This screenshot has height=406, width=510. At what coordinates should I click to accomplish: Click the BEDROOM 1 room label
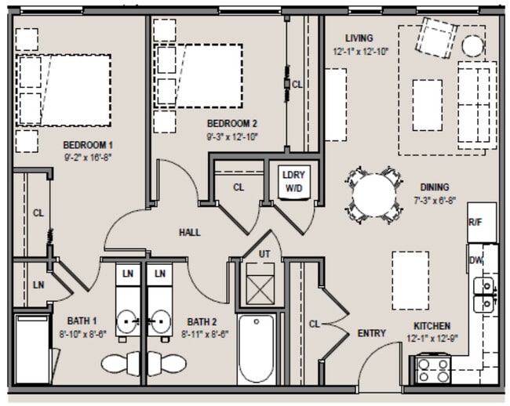point(88,145)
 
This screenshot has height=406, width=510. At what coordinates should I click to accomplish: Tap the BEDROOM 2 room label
point(232,123)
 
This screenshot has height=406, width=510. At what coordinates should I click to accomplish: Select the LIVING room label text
point(358,38)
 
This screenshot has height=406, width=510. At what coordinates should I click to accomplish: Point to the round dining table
point(374,195)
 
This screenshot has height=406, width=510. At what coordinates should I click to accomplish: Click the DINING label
point(434,187)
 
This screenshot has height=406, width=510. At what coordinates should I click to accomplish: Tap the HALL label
point(189,232)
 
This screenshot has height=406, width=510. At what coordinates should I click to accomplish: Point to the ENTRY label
point(371,333)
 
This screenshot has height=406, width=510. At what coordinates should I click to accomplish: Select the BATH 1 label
point(82,321)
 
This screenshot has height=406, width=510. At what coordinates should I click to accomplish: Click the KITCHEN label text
point(432,325)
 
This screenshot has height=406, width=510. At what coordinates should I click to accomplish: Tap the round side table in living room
point(472,45)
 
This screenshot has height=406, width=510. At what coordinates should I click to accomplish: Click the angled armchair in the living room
point(436,34)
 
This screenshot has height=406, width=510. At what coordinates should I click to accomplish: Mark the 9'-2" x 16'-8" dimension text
point(88,158)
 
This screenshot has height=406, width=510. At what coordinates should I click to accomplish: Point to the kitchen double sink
point(485,294)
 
